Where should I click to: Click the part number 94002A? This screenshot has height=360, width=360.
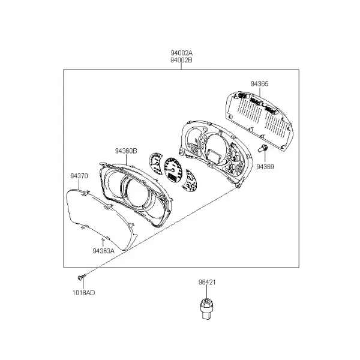point(181,53)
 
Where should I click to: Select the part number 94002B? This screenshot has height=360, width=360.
point(181,60)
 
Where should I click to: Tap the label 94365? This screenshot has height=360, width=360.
point(259,84)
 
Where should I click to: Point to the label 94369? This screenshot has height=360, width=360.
point(265,167)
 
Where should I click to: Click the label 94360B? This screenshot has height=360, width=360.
point(126,151)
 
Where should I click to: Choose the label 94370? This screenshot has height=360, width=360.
point(79,176)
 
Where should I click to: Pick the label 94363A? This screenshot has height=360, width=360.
point(103,251)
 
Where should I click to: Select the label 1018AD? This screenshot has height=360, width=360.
point(83,293)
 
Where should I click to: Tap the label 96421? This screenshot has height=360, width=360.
point(207,282)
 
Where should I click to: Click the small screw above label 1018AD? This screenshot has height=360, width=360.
point(82,277)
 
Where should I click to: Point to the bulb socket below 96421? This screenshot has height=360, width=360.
point(206,309)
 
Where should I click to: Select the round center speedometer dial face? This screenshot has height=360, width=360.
point(173,170)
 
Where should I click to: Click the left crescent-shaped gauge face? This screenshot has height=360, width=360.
point(155,163)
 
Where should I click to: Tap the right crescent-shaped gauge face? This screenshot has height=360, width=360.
point(190,180)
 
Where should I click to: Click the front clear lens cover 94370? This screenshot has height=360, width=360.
point(101,218)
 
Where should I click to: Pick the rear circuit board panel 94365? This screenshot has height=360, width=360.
point(259,120)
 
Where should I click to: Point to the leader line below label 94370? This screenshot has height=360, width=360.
point(79,185)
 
